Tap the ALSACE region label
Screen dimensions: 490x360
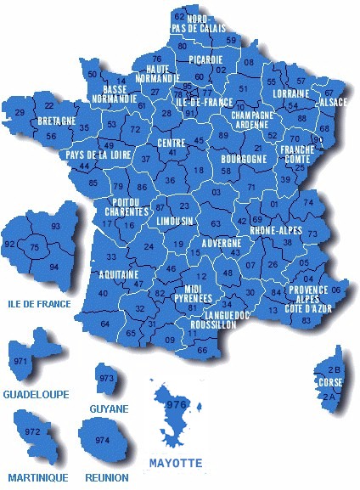click(x=333, y=102)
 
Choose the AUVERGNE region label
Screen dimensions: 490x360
click(x=222, y=243)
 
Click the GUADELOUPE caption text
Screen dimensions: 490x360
click(x=36, y=395)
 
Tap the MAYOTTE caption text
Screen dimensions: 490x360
click(x=176, y=464)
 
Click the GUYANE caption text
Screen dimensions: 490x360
click(x=109, y=408)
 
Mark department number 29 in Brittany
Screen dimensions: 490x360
click(x=20, y=112)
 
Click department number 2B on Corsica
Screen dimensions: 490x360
click(x=335, y=370)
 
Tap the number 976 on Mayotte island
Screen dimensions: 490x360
click(x=176, y=405)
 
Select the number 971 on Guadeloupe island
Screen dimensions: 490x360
click(x=20, y=362)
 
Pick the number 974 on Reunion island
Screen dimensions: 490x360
click(x=102, y=440)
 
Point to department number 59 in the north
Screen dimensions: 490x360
click(x=231, y=40)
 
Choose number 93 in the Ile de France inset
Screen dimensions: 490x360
click(x=56, y=227)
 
